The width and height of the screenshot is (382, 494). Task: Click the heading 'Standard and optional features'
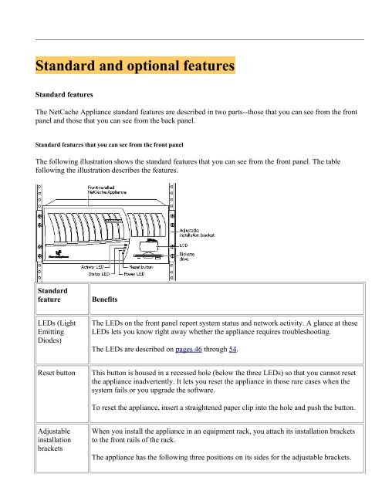click(135, 67)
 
